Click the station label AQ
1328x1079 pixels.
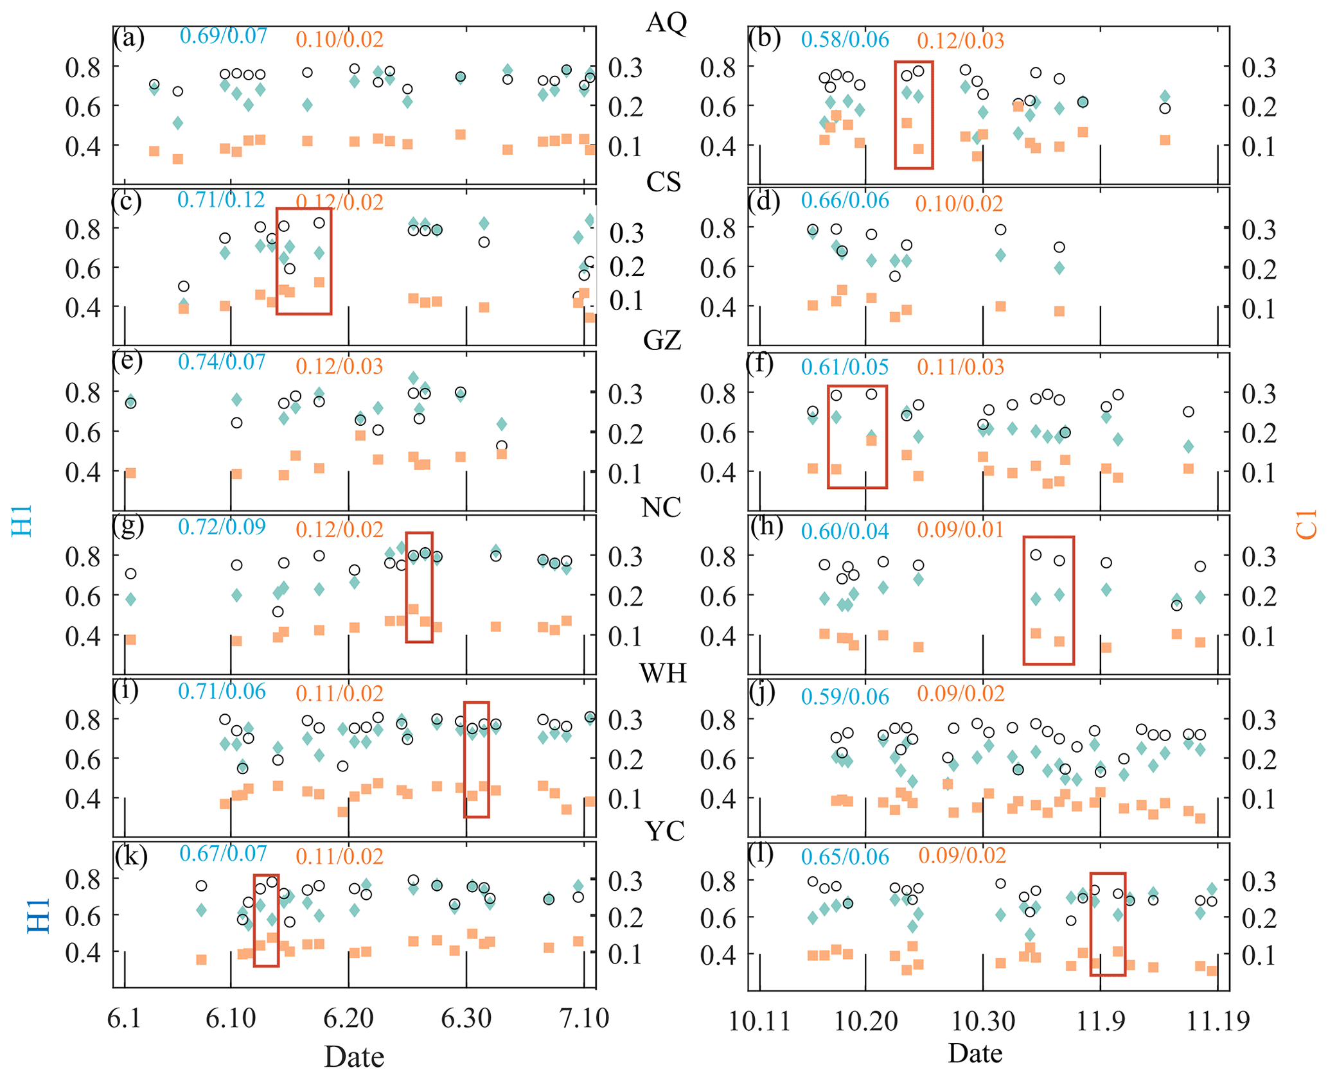point(666,22)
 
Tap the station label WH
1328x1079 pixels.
point(663,673)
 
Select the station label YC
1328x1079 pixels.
point(664,832)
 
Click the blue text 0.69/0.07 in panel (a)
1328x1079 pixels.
point(223,35)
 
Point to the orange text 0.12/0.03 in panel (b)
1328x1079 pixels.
point(960,40)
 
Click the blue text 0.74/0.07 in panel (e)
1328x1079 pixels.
point(222,362)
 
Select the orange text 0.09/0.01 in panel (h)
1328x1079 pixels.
point(960,530)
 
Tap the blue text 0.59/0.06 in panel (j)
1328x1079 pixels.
point(845,697)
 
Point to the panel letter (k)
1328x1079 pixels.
point(131,855)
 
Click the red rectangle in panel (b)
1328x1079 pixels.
point(914,116)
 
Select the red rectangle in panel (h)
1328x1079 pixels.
point(1048,600)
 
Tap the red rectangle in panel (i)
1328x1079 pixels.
point(476,759)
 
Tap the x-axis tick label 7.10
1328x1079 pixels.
point(583,1019)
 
